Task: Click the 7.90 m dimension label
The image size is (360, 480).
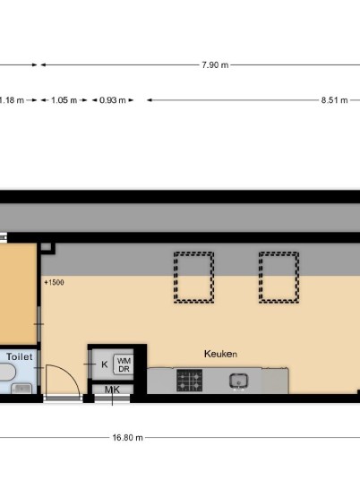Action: tap(215, 64)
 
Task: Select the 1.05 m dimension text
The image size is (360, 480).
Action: tap(64, 100)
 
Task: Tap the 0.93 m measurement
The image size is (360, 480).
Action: tap(112, 100)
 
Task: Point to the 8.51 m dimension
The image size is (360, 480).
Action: tap(334, 100)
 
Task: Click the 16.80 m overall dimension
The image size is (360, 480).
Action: tap(127, 437)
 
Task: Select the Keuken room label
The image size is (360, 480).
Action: tap(220, 355)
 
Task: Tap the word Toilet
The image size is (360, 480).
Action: tap(20, 356)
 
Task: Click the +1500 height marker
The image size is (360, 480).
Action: tap(55, 282)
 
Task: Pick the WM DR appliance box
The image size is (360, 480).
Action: tap(124, 364)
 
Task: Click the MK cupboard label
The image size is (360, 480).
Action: tap(112, 390)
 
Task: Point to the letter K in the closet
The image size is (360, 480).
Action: tap(105, 364)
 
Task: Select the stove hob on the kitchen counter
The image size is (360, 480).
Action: tap(190, 381)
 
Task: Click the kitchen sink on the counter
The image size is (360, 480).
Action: tap(239, 381)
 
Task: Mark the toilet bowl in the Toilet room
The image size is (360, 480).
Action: tap(7, 373)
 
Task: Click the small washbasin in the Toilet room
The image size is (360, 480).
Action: tap(21, 389)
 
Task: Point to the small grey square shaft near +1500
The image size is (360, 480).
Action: tap(46, 247)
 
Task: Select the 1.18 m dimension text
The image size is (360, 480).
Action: tap(12, 100)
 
